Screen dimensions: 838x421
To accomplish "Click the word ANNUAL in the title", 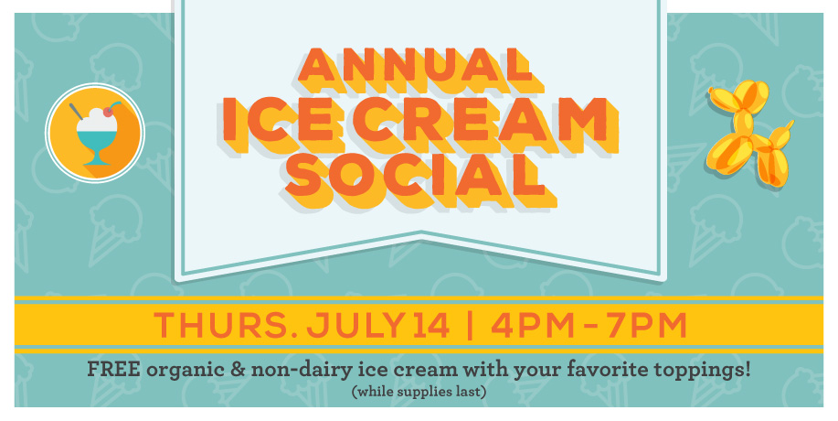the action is pos(415,65).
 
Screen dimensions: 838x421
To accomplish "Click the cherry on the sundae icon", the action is pos(109,112).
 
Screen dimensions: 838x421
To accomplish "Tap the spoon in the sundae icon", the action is pos(77,112).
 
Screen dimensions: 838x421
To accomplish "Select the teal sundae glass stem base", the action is pos(97,158).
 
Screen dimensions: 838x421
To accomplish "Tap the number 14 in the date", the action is pos(430,325).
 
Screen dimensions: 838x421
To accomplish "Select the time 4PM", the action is pos(532,325).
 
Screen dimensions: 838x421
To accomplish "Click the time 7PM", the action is pos(647,325).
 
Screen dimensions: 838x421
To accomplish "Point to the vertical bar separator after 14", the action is pos(470,325).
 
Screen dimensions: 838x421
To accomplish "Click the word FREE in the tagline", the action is pos(114,369).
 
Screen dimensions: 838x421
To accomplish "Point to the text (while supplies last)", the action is pos(419,392).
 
